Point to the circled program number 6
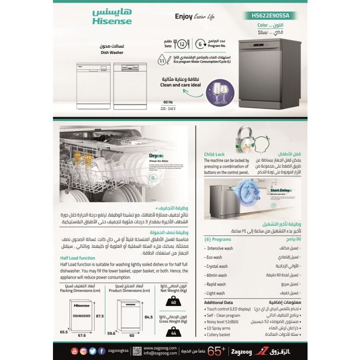[201, 44]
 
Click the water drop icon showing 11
[163, 62]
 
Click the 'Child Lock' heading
[214, 153]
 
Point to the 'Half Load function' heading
[78, 258]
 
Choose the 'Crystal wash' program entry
[216, 266]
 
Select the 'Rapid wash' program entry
[215, 284]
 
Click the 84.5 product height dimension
[149, 317]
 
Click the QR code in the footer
[137, 351]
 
